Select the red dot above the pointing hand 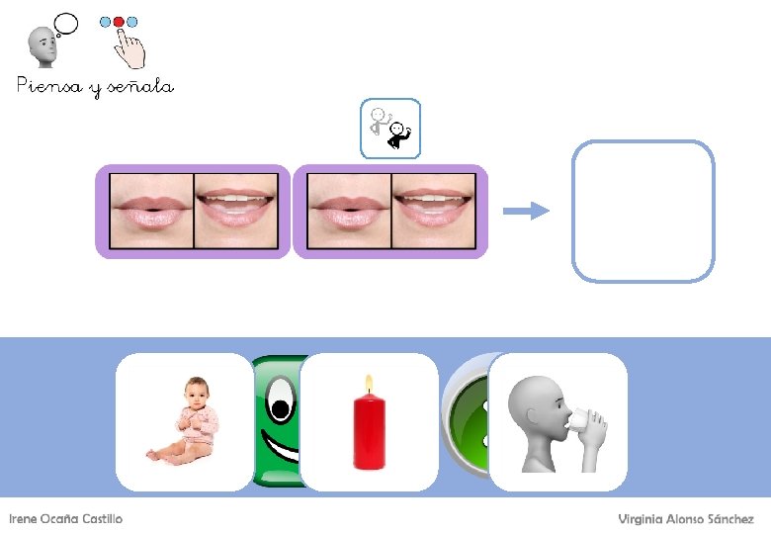120,21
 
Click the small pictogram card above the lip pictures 390,129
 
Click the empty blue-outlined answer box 642,211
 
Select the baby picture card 185,421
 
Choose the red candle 370,431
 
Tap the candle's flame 369,384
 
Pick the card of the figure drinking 558,421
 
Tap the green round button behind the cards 466,415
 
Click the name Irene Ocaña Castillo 65,519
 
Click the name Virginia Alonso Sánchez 686,519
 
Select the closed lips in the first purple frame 151,211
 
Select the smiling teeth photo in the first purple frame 235,211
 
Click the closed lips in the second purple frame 349,211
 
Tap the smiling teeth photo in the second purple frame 433,211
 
